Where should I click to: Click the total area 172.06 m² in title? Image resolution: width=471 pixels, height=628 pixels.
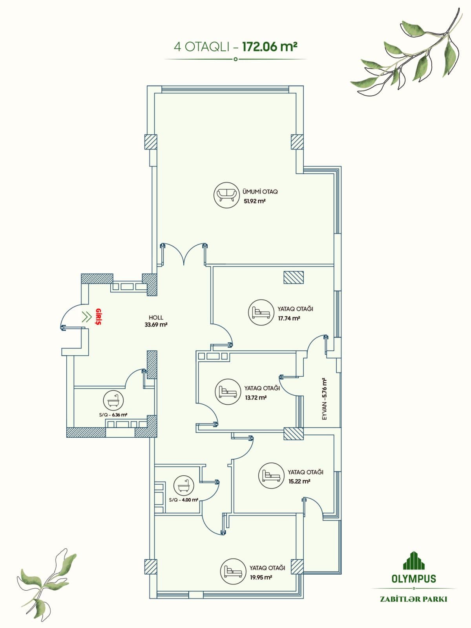tap(269, 47)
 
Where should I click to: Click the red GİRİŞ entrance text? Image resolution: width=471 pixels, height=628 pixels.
tap(98, 317)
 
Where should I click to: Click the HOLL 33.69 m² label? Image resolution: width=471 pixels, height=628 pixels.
tap(156, 321)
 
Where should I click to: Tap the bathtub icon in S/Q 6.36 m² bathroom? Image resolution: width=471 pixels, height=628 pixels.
tap(113, 400)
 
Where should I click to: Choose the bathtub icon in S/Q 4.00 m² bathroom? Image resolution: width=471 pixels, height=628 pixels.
tap(184, 485)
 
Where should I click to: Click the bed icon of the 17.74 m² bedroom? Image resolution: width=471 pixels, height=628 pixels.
tap(260, 312)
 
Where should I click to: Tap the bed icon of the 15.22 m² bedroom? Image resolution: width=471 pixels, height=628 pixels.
tap(270, 475)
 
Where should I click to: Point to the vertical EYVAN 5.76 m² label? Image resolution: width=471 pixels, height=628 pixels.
tap(324, 399)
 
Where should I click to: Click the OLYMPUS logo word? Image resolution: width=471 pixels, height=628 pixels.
tap(413, 579)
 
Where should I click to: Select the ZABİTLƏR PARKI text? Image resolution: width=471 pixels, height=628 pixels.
tap(413, 599)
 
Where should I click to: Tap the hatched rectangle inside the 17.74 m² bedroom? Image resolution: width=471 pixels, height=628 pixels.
tap(294, 277)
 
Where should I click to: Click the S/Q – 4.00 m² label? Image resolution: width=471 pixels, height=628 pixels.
tap(184, 500)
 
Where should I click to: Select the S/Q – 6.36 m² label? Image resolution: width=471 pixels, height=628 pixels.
tap(113, 415)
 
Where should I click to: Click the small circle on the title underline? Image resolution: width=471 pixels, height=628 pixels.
tap(235, 59)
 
